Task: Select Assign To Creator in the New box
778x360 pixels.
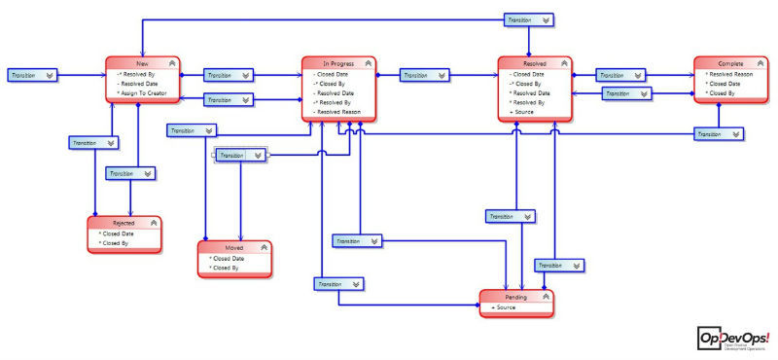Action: [143, 93]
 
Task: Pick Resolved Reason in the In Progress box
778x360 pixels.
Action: [339, 112]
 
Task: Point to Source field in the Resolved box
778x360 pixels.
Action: [522, 112]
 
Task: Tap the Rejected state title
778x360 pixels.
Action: [124, 223]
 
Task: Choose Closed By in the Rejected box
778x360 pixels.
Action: [119, 243]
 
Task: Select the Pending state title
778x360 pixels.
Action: [515, 296]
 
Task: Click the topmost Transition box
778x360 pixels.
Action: [530, 18]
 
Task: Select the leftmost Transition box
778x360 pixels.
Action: [33, 74]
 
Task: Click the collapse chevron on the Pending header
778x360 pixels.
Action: [546, 296]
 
